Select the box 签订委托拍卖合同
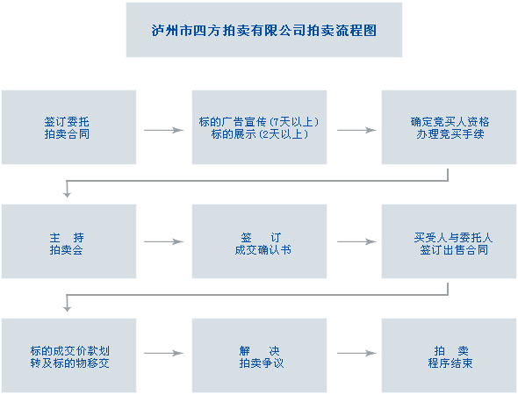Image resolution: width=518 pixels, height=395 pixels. pos(68,127)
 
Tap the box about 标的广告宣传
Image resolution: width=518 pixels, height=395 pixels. pos(259,127)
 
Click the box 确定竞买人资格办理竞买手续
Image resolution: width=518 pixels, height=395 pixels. pos(449,127)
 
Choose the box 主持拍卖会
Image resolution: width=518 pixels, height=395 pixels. pos(68,242)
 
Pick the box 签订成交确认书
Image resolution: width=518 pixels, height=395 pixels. pos(259,242)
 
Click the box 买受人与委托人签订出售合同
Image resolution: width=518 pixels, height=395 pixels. pos(449,242)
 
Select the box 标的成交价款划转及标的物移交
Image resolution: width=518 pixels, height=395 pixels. pos(68,356)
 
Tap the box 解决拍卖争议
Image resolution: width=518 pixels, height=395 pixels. pos(259,356)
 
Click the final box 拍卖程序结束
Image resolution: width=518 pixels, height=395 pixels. pos(449,356)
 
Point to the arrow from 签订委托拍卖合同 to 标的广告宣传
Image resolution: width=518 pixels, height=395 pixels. pos(163,130)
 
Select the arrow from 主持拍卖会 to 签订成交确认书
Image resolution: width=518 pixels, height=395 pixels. pos(163,242)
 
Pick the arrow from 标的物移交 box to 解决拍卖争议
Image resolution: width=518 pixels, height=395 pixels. pos(163,354)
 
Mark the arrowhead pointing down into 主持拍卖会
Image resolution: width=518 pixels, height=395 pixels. pos(67,193)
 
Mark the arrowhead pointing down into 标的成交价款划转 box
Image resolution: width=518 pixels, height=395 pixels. pos(67,307)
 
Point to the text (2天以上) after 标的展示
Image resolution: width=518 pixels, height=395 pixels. pos(281,134)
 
